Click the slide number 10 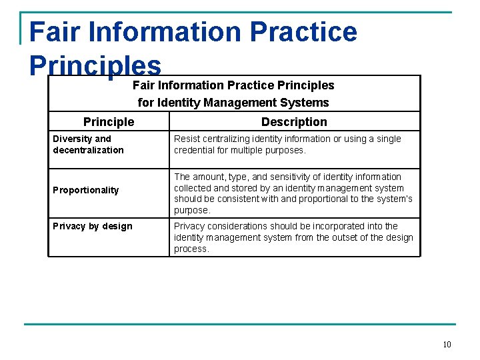click(x=447, y=344)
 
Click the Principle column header click(x=109, y=122)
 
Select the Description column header click(x=294, y=122)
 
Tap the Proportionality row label click(x=86, y=190)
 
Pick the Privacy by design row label click(x=93, y=226)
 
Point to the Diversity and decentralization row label click(x=89, y=144)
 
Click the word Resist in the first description click(x=187, y=139)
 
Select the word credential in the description click(x=195, y=150)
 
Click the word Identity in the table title click(x=179, y=103)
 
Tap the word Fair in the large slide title click(x=52, y=32)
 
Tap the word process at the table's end click(x=192, y=249)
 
